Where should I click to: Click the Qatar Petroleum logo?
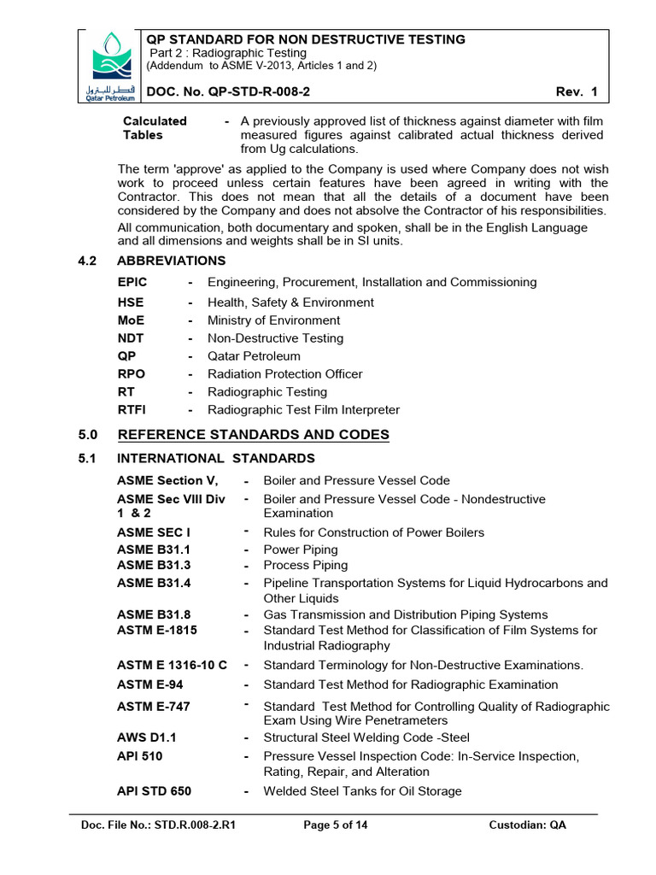click(x=112, y=65)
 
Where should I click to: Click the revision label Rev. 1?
click(x=579, y=92)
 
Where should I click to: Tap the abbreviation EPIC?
click(x=132, y=282)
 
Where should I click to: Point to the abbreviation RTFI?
click(x=132, y=410)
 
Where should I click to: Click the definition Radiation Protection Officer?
click(x=284, y=374)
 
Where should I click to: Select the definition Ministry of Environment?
click(x=273, y=320)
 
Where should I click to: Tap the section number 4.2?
click(x=88, y=261)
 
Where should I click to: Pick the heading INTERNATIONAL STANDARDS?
click(x=215, y=459)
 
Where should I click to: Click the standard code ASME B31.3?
click(x=154, y=566)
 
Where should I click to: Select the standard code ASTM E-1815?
click(x=157, y=631)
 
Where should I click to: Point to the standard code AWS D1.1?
click(x=147, y=737)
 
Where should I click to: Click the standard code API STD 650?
click(x=154, y=791)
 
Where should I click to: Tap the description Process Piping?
click(x=306, y=566)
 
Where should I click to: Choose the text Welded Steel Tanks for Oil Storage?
click(x=362, y=791)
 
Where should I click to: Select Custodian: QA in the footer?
click(x=527, y=825)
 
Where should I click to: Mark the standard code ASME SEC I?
click(x=154, y=532)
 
